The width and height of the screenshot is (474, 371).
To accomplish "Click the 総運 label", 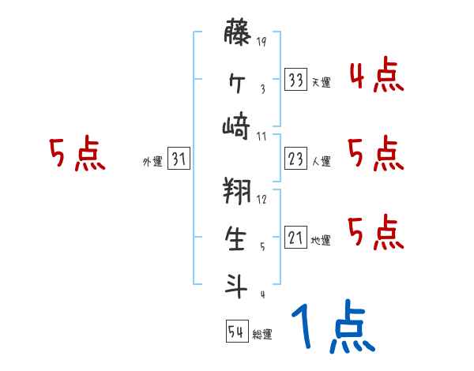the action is (261, 335).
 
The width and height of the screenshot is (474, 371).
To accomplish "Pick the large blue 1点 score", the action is (332, 328).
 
